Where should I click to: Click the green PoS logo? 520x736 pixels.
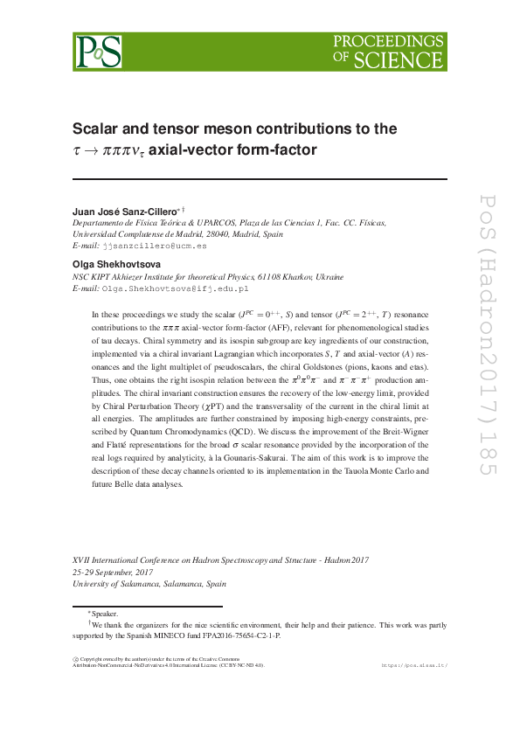(x=97, y=52)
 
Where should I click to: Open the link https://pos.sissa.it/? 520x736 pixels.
(x=414, y=665)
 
